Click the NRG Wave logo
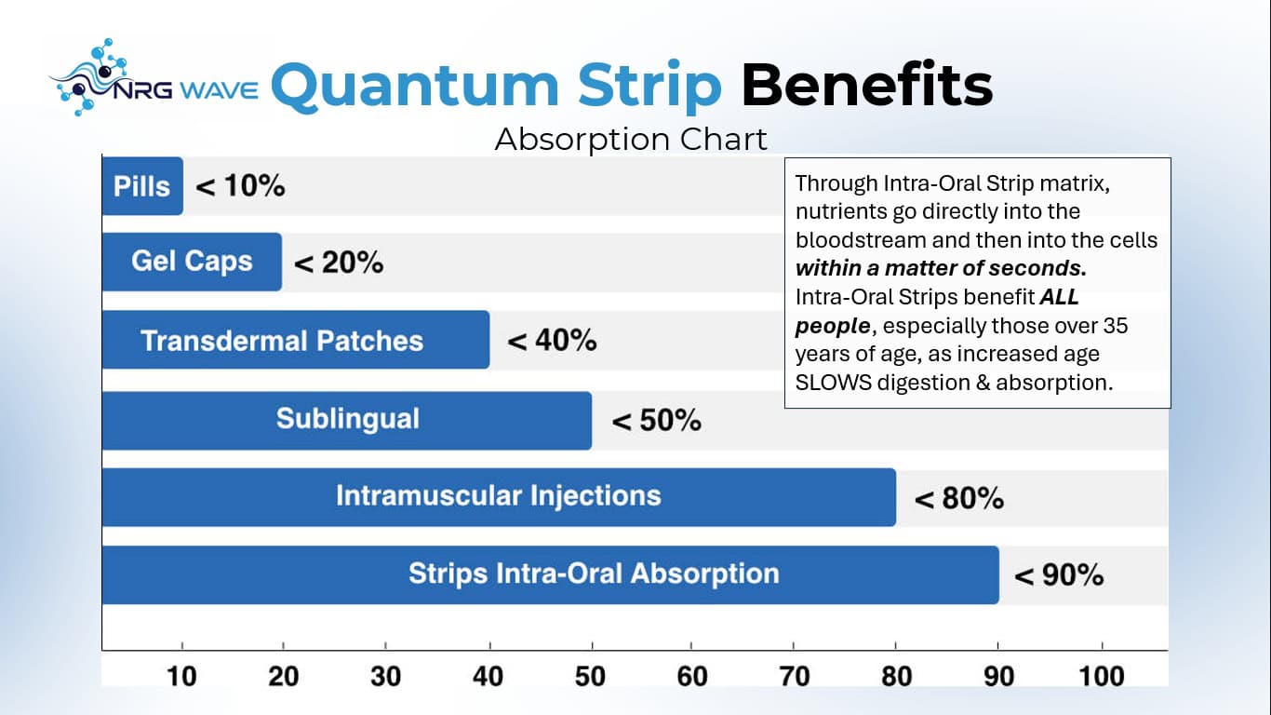(x=154, y=81)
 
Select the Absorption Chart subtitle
(x=631, y=139)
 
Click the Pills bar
(x=142, y=186)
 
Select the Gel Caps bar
(x=192, y=262)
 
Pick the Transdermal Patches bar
(x=295, y=340)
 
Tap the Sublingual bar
(x=346, y=420)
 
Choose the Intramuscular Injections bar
(x=498, y=496)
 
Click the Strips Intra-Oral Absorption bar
(x=549, y=573)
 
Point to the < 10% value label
(x=240, y=186)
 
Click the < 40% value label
(x=552, y=341)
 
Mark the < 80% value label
(x=958, y=499)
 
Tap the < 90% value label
(x=1059, y=575)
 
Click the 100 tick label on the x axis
(x=1102, y=676)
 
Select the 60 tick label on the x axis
(x=692, y=676)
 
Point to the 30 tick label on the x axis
(x=385, y=676)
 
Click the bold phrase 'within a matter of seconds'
(x=941, y=269)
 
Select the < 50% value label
(x=656, y=421)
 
